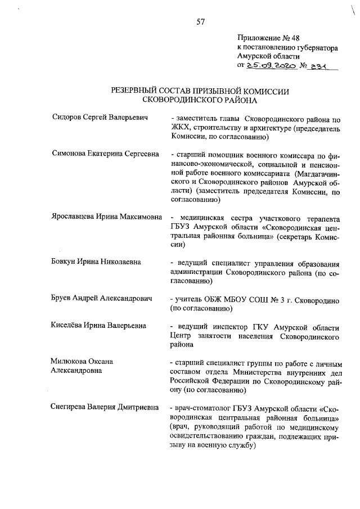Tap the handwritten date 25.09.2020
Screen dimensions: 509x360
pyautogui.click(x=271, y=66)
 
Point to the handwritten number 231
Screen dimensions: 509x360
pyautogui.click(x=323, y=66)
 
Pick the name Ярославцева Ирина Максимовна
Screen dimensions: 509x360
pyautogui.click(x=107, y=217)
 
